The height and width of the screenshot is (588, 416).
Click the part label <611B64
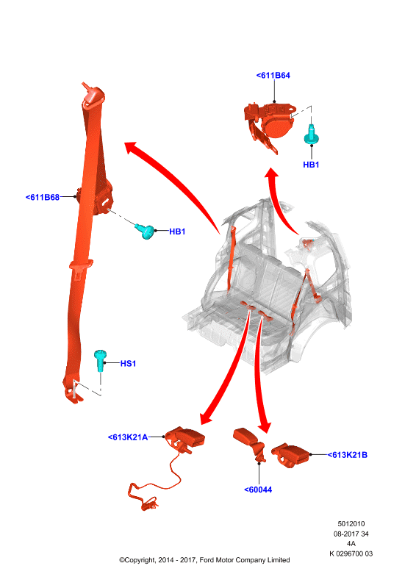point(273,76)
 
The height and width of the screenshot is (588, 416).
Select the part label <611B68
point(43,197)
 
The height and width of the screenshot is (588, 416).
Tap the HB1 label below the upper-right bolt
point(311,165)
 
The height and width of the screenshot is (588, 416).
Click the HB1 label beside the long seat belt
point(177,232)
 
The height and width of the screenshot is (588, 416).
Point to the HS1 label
point(128,363)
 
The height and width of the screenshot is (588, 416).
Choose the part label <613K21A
point(128,437)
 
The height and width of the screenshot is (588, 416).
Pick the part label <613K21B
point(348,455)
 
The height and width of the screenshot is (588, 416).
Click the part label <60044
point(258,490)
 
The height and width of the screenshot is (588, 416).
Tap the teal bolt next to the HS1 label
point(100,360)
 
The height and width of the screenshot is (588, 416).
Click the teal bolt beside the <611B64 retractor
point(312,135)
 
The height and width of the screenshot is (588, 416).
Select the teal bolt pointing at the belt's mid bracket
point(146,231)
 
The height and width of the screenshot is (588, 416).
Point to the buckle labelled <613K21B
point(291,455)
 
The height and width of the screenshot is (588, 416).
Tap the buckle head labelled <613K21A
point(186,438)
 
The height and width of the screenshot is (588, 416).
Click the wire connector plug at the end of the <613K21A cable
point(149,504)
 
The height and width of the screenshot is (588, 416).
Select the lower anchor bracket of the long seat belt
point(73,392)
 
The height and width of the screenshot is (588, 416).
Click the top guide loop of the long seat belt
point(93,97)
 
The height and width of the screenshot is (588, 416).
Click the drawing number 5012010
point(351,524)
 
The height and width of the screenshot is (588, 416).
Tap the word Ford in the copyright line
point(207,560)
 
